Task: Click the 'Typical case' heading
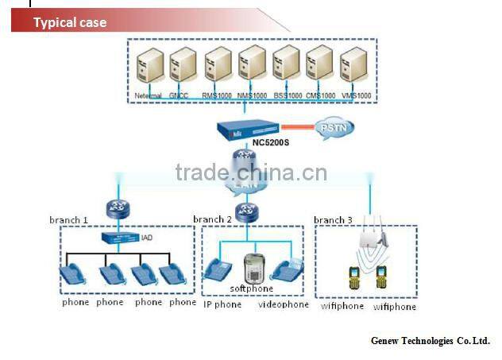(x=69, y=22)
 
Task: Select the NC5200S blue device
(x=247, y=130)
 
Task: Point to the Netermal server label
(x=149, y=96)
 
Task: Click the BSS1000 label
(x=287, y=96)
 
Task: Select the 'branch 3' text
(x=333, y=220)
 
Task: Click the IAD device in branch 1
(x=118, y=238)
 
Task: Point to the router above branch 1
(x=118, y=208)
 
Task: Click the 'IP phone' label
(x=222, y=304)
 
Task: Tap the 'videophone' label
(x=284, y=304)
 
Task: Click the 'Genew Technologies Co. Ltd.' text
(x=431, y=340)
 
